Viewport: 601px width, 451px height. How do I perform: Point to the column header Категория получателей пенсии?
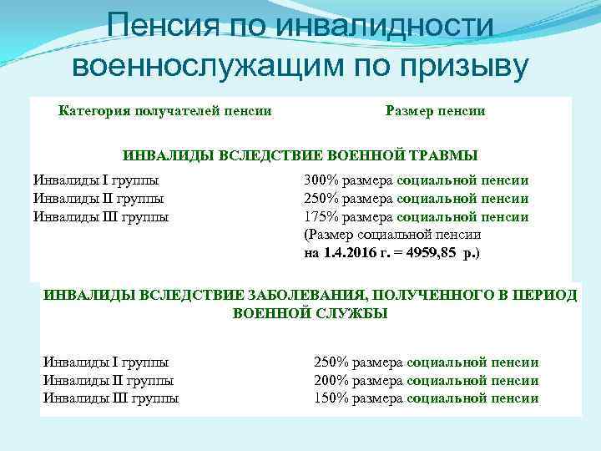pos(164,110)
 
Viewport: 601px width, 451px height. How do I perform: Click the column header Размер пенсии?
pos(436,110)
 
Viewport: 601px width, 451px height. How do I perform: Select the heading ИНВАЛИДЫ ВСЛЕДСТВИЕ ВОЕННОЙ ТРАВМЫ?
pos(300,155)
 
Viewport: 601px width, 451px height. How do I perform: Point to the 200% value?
pos(331,381)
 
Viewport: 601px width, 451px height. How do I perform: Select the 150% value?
pos(331,398)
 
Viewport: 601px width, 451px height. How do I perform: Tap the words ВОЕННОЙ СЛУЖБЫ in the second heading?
pos(310,314)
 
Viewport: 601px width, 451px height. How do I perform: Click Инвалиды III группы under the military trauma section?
pos(100,217)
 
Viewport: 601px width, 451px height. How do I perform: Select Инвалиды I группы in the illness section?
pos(105,362)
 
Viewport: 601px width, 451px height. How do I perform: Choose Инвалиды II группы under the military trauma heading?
pos(98,199)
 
